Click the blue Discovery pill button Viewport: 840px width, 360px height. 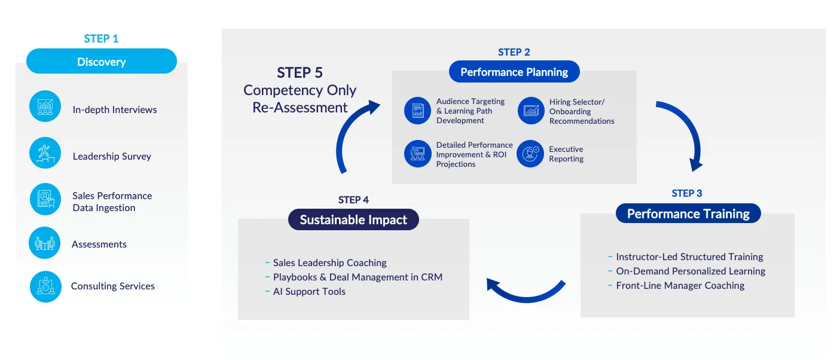point(102,62)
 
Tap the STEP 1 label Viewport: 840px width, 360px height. point(101,39)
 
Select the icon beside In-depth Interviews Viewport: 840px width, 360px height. point(45,106)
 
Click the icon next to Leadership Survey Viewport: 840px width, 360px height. point(45,153)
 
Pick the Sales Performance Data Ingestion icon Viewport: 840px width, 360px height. point(45,199)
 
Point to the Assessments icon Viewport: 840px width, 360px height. point(45,243)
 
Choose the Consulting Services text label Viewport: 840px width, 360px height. point(112,286)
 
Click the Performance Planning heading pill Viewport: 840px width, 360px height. point(514,72)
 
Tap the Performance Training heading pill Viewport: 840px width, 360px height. point(688,214)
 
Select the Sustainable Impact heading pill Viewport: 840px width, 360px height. point(353,219)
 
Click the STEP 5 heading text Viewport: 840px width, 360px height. point(300,73)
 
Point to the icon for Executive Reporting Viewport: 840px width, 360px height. point(530,154)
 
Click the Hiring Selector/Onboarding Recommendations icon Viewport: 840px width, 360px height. point(530,111)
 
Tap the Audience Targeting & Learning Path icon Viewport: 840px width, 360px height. point(417,111)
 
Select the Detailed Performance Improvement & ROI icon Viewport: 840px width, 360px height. point(417,154)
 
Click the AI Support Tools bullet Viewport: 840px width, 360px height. point(309,292)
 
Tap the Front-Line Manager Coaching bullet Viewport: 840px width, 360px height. point(680,286)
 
